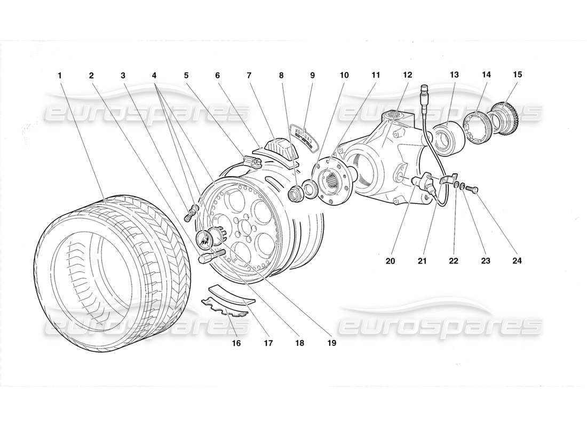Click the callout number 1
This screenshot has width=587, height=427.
tap(60, 75)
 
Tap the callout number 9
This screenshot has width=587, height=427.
tap(313, 75)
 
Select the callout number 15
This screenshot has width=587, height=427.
tap(517, 75)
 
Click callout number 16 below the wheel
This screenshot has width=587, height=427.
tap(236, 343)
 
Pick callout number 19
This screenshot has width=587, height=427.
tap(332, 343)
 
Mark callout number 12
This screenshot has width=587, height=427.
tap(408, 75)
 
